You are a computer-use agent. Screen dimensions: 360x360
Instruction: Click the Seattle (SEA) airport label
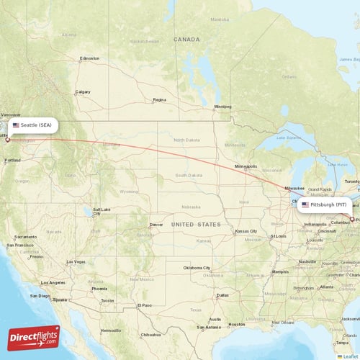point(32,125)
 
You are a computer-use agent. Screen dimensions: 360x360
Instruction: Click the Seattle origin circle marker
point(8,140)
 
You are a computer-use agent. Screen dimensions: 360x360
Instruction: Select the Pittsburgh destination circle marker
point(351,219)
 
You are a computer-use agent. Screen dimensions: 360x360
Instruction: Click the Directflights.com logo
point(34,337)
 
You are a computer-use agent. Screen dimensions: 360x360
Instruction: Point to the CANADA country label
point(186,39)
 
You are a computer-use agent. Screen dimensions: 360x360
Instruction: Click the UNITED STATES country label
point(196,225)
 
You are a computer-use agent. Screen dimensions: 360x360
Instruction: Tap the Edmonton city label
point(90,58)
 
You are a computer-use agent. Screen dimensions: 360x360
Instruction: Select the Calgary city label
point(83,91)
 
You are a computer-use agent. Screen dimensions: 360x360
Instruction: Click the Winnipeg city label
point(222,107)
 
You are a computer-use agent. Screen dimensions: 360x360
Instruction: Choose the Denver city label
point(156,225)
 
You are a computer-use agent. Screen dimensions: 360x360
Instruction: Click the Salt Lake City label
point(101,211)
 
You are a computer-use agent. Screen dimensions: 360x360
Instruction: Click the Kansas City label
point(246,231)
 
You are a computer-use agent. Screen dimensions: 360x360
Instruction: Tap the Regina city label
point(159,99)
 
